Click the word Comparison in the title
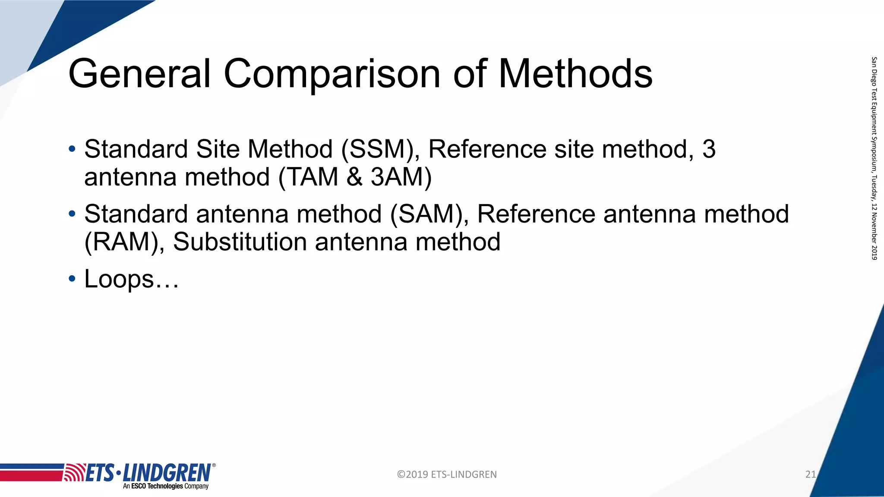click(332, 74)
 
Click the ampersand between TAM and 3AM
click(354, 177)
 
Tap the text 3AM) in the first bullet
click(401, 177)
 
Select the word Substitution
click(240, 242)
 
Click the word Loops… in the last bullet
click(131, 279)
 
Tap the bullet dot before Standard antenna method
click(72, 214)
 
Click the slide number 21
click(811, 475)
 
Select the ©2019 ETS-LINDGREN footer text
click(447, 475)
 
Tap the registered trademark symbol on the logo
click(214, 465)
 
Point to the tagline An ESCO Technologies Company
click(166, 486)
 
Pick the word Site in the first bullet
click(218, 149)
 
